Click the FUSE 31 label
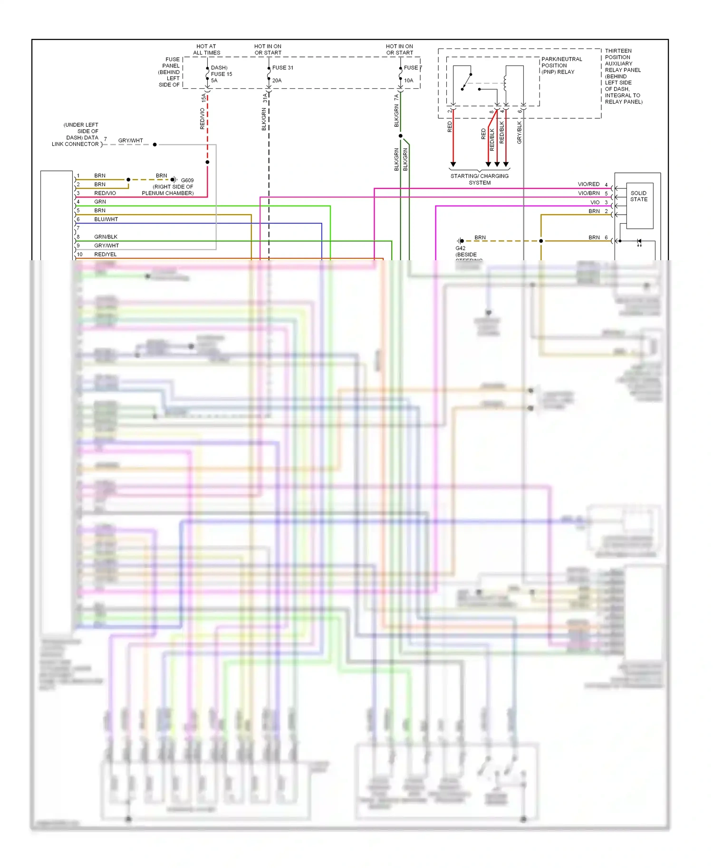[x=282, y=67]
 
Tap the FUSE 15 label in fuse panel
[x=221, y=74]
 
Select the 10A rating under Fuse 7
[x=408, y=80]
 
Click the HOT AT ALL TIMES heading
[x=206, y=49]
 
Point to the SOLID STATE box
[x=639, y=196]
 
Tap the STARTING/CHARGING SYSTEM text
[x=479, y=179]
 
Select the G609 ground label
[x=187, y=180]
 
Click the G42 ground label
[x=460, y=248]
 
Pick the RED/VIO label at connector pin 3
[x=105, y=193]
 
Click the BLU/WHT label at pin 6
[x=106, y=219]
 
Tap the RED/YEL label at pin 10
[x=105, y=255]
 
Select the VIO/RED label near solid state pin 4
[x=588, y=184]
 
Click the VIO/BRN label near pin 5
[x=588, y=193]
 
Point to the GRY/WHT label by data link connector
[x=130, y=141]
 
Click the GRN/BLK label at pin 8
[x=106, y=237]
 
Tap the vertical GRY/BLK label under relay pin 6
[x=519, y=132]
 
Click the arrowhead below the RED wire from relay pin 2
[x=453, y=164]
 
